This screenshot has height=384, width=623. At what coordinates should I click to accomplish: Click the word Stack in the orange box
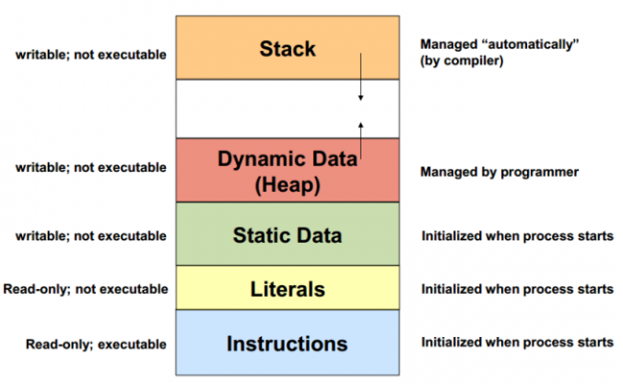pos(288,47)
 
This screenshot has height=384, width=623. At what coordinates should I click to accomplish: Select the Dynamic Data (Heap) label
pos(288,171)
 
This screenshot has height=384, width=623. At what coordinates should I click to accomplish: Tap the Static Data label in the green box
pos(288,235)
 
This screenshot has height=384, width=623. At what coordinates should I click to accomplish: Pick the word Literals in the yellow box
pos(288,289)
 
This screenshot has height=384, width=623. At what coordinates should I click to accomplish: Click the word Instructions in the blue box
pos(288,343)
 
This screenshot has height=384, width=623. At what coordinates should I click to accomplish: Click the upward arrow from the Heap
pos(361,139)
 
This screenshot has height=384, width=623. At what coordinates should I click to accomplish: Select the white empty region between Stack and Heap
pos(268,108)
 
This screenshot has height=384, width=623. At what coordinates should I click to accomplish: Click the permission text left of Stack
pos(90,54)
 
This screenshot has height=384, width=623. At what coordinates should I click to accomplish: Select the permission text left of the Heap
pos(90,168)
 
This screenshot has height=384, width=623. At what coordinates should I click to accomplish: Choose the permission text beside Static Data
pos(90,235)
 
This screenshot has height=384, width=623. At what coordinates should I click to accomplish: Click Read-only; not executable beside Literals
pos(84,289)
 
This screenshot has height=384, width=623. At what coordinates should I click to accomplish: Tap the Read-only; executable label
pos(96,344)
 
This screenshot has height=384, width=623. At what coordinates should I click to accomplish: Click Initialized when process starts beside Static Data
pos(517,236)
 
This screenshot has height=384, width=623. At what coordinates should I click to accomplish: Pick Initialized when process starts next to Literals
pos(517,289)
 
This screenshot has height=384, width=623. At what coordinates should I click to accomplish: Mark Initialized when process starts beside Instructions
pos(517,343)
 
